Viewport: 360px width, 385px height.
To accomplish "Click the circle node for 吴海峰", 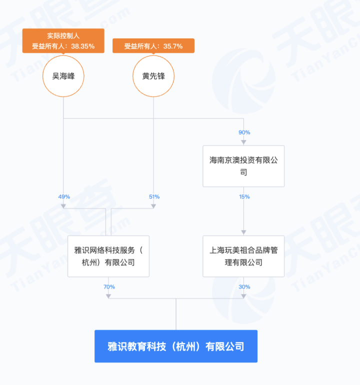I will pyautogui.click(x=63, y=76).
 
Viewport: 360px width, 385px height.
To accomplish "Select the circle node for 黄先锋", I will pyautogui.click(x=153, y=76).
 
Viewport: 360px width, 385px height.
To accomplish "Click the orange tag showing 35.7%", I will pyautogui.click(x=153, y=46).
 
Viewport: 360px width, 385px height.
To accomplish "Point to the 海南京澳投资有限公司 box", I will pyautogui.click(x=243, y=166).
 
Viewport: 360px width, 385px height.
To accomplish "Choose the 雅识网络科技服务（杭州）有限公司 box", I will pyautogui.click(x=108, y=256).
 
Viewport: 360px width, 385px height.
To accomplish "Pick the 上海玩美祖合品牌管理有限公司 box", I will pyautogui.click(x=243, y=256).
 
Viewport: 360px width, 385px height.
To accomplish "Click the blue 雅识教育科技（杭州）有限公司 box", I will pyautogui.click(x=176, y=346).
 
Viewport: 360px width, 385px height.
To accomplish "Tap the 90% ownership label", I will pyautogui.click(x=244, y=132).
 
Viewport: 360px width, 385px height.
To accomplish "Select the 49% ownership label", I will pyautogui.click(x=64, y=196).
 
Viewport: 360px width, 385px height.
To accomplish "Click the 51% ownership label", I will pyautogui.click(x=154, y=196).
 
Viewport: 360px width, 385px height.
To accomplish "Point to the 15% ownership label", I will pyautogui.click(x=244, y=196).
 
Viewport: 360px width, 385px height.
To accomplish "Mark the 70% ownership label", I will pyautogui.click(x=109, y=286).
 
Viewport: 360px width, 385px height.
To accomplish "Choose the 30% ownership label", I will pyautogui.click(x=244, y=286).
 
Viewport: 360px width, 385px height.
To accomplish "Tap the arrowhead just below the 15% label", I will pyautogui.click(x=243, y=232).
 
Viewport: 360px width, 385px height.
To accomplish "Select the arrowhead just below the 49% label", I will pyautogui.click(x=63, y=205).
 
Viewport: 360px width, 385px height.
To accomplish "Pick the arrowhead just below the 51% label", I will pyautogui.click(x=153, y=205).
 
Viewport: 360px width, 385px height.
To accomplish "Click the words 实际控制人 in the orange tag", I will pyautogui.click(x=63, y=36).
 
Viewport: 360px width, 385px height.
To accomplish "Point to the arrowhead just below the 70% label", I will pyautogui.click(x=108, y=295).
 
